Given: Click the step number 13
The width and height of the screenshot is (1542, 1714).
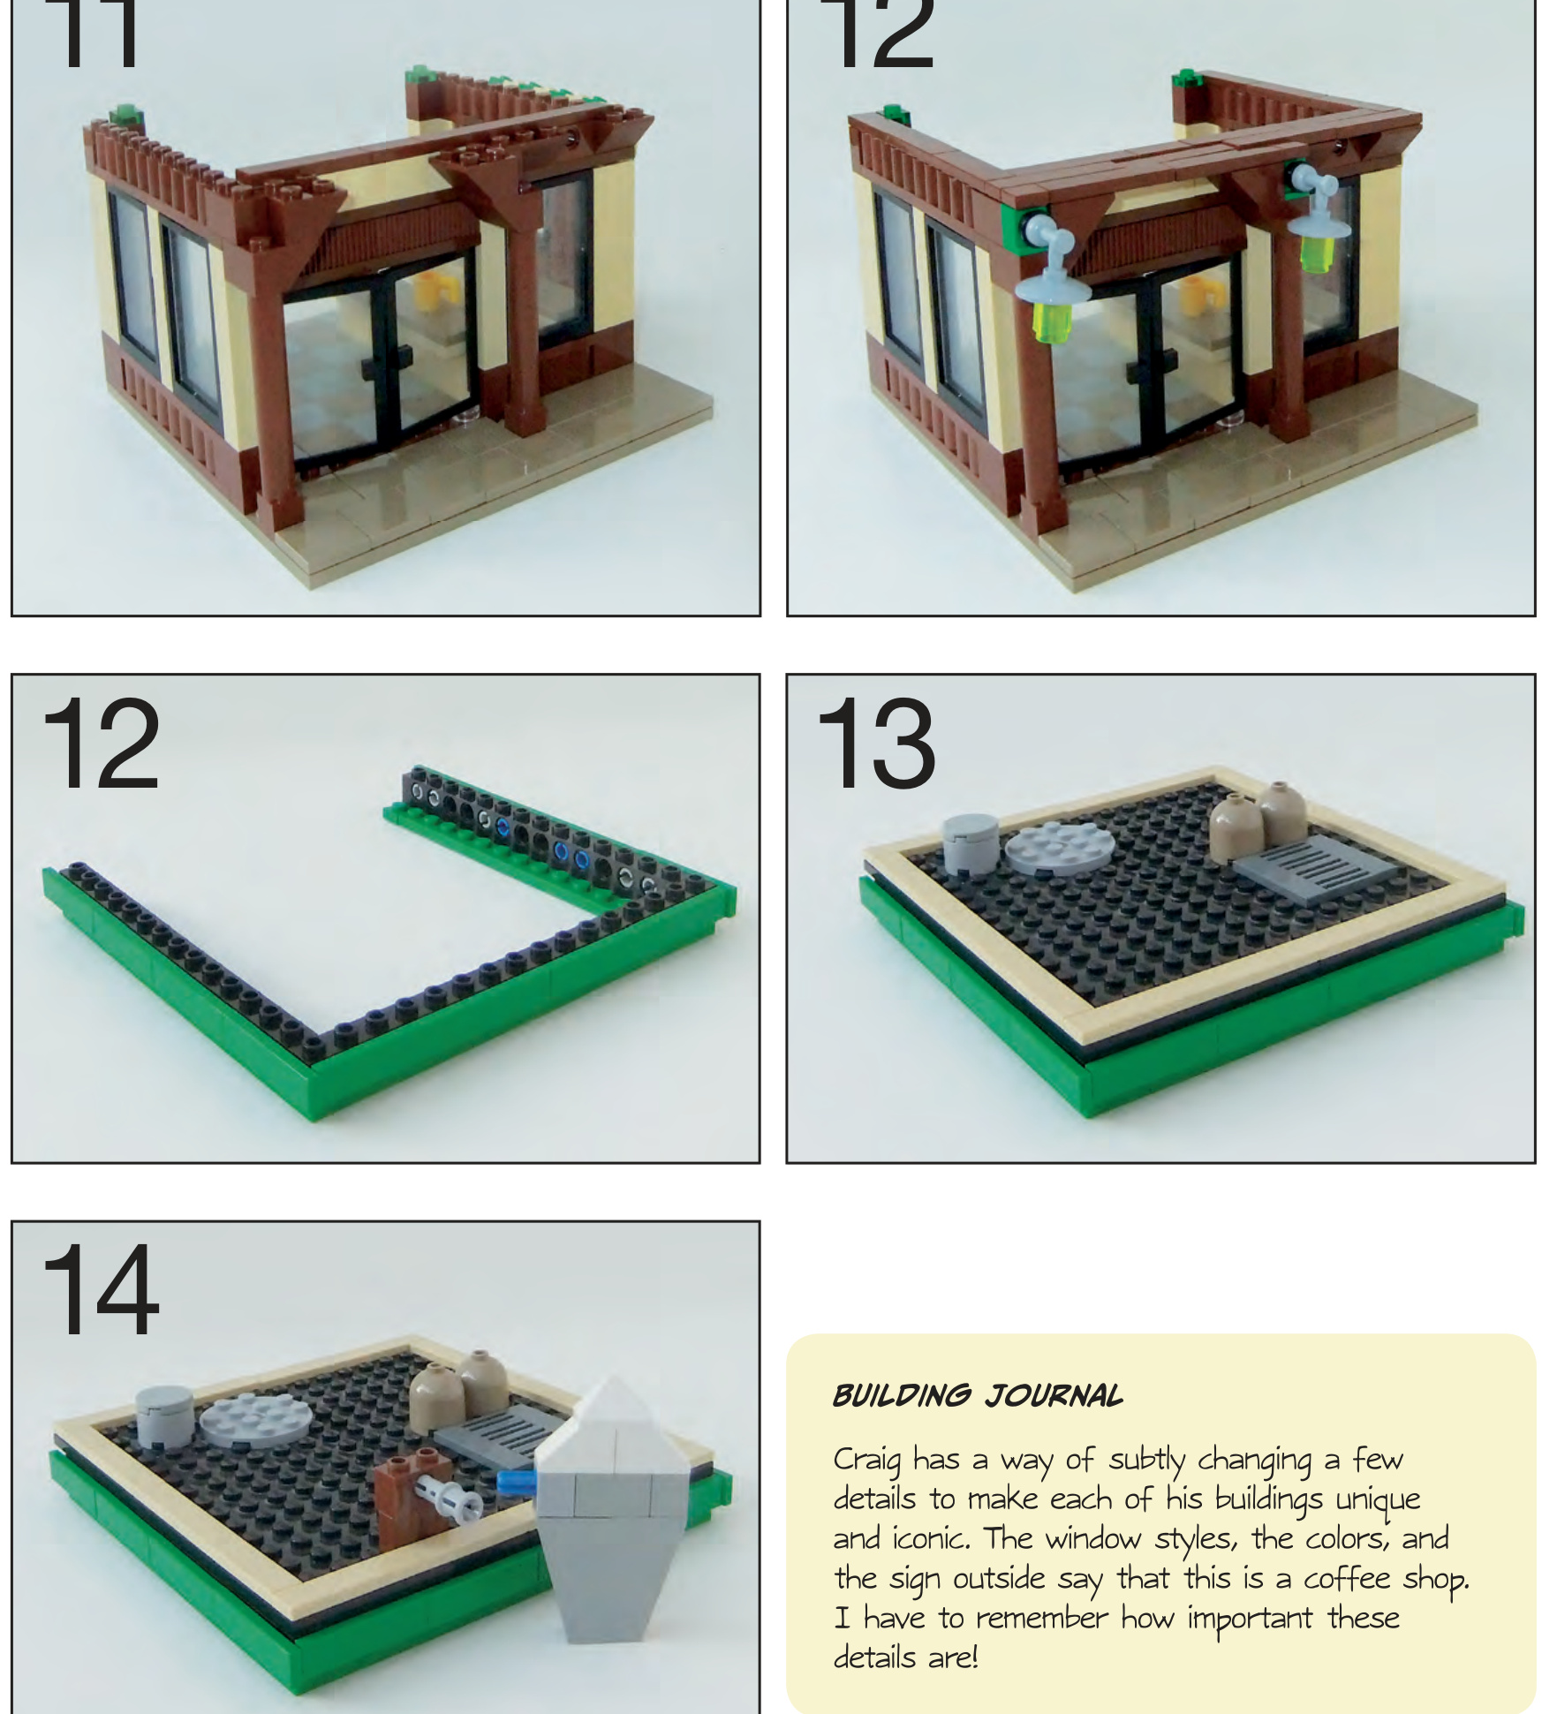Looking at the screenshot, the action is pyautogui.click(x=874, y=744).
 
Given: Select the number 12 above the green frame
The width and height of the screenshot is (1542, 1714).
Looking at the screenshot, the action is pyautogui.click(x=101, y=744).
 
